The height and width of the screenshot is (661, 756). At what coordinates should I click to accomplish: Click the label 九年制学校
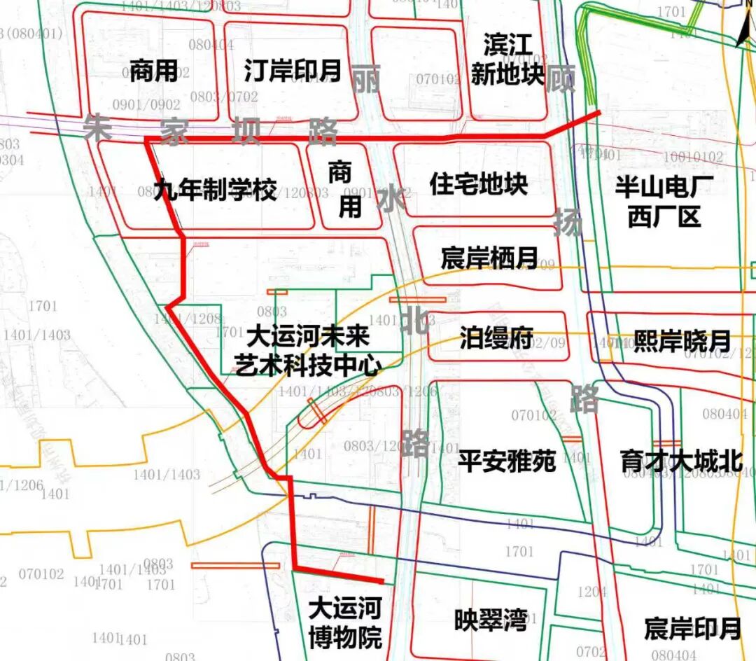pyautogui.click(x=215, y=190)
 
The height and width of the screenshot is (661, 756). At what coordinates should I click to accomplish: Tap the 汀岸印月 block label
pyautogui.click(x=293, y=70)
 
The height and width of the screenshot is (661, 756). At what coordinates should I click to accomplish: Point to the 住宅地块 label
pyautogui.click(x=479, y=185)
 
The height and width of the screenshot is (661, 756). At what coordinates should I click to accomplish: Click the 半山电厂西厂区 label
pyautogui.click(x=664, y=202)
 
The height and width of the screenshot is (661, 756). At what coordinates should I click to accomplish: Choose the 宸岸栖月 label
pyautogui.click(x=489, y=258)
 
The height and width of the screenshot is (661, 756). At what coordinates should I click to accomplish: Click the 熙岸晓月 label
pyautogui.click(x=682, y=341)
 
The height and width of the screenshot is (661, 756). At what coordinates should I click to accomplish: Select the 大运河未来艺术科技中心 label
pyautogui.click(x=307, y=352)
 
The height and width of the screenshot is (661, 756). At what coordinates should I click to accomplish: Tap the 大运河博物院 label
pyautogui.click(x=345, y=623)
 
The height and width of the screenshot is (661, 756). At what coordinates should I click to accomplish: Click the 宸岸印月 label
pyautogui.click(x=692, y=628)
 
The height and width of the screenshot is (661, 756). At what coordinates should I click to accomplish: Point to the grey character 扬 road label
pyautogui.click(x=568, y=223)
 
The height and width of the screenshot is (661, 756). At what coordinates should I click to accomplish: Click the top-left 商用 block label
pyautogui.click(x=153, y=71)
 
